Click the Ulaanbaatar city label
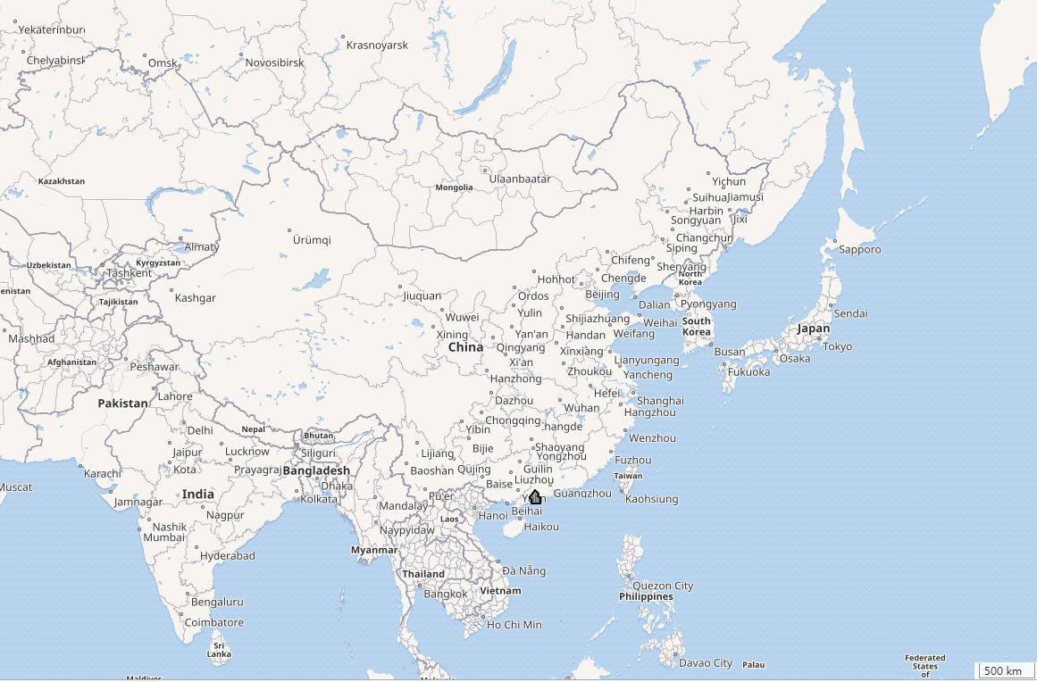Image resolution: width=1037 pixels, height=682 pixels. click(x=520, y=179)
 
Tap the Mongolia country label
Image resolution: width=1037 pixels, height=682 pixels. click(x=454, y=187)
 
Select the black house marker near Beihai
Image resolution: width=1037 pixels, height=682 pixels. click(x=535, y=497)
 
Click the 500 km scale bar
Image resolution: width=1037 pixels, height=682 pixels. click(x=1004, y=670)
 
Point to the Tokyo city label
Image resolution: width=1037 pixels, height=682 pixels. click(x=838, y=346)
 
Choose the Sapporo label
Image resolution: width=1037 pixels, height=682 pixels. click(x=858, y=249)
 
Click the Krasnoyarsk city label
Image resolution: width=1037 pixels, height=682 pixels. click(x=377, y=45)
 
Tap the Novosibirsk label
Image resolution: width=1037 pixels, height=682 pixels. click(x=275, y=62)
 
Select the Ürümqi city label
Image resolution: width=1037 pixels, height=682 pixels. click(x=312, y=240)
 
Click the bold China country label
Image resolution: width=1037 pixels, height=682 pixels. click(x=465, y=346)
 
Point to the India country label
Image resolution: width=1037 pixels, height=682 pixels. click(x=198, y=494)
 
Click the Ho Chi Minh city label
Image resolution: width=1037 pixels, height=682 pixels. click(x=514, y=624)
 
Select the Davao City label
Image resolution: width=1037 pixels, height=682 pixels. click(x=705, y=662)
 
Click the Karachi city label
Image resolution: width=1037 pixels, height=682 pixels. click(x=103, y=473)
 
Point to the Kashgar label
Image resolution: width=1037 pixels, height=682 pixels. click(x=196, y=298)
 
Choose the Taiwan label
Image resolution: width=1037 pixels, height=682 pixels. click(x=628, y=476)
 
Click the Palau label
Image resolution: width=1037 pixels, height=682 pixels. click(x=754, y=664)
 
